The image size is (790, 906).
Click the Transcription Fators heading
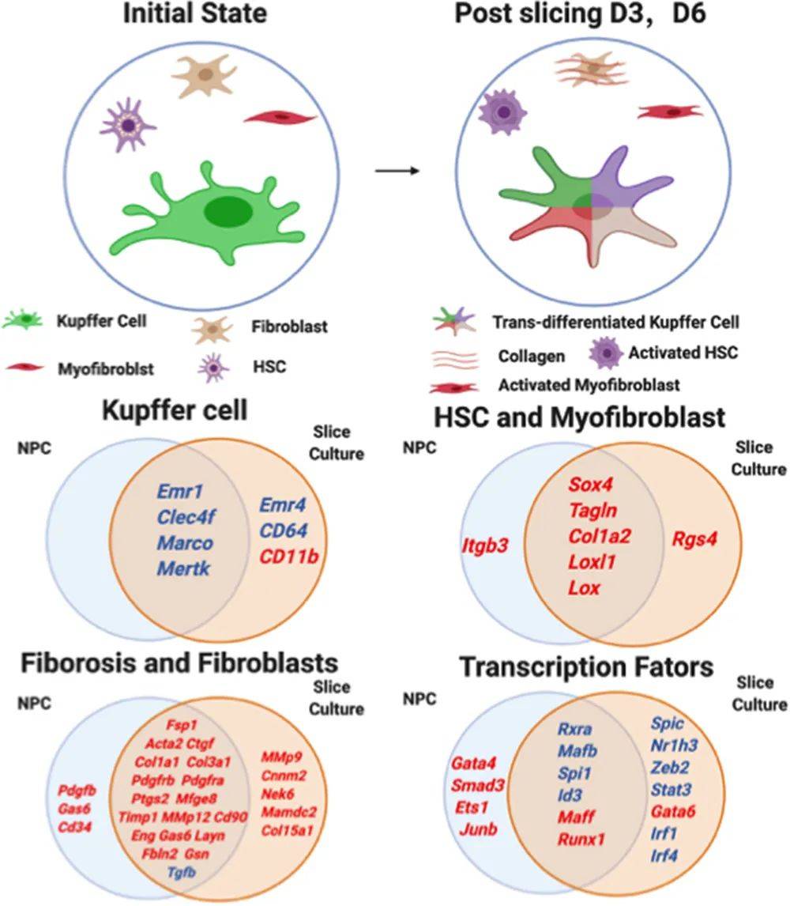pos(587,666)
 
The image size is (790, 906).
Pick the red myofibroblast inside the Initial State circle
pos(280,118)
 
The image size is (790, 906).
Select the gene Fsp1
pos(182,725)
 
